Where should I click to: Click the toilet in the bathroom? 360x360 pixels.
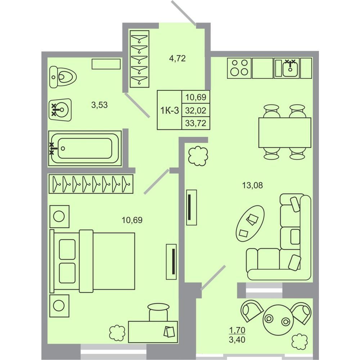click(63, 77)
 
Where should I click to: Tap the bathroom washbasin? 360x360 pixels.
click(60, 110)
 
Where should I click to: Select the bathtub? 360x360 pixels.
click(85, 148)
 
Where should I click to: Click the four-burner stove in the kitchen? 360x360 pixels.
click(239, 68)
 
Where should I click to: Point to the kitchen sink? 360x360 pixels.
click(290, 68)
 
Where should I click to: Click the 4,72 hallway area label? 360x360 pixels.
click(177, 59)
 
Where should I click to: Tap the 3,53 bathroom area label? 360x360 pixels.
click(99, 105)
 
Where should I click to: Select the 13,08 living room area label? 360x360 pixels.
click(252, 185)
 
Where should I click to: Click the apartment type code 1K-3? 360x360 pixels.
click(170, 111)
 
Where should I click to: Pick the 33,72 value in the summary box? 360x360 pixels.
click(195, 123)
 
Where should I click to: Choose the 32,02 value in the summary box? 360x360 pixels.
click(195, 111)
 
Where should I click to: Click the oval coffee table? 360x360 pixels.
click(250, 224)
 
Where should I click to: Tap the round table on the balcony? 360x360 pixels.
click(278, 320)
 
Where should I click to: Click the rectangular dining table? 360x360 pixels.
click(285, 132)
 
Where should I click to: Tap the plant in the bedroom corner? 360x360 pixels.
click(117, 333)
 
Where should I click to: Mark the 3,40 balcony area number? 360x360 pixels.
click(237, 339)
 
